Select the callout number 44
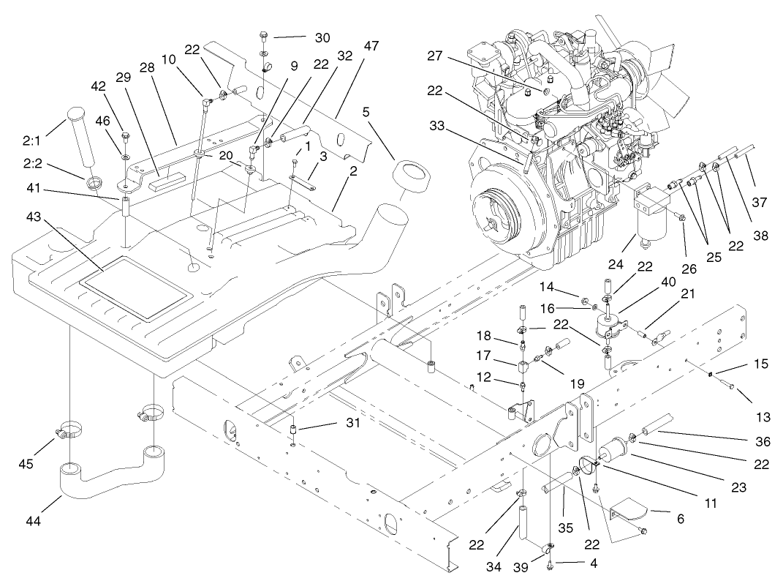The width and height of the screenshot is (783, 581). tap(32, 521)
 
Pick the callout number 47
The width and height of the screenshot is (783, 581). tap(371, 46)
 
